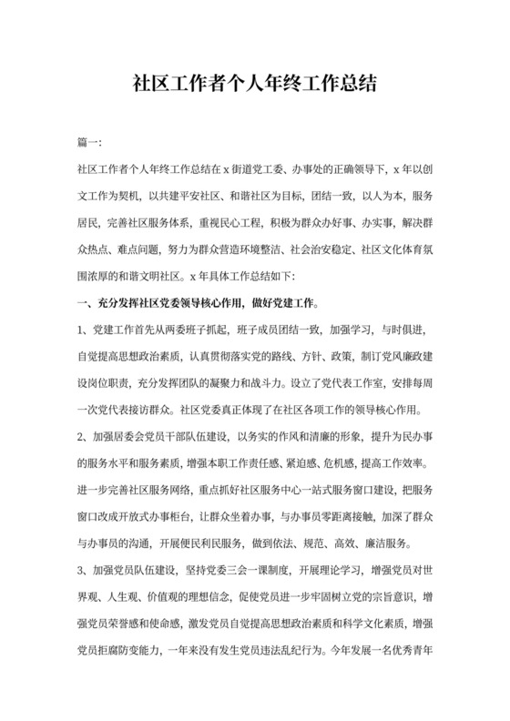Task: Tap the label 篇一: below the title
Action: tap(90, 144)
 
